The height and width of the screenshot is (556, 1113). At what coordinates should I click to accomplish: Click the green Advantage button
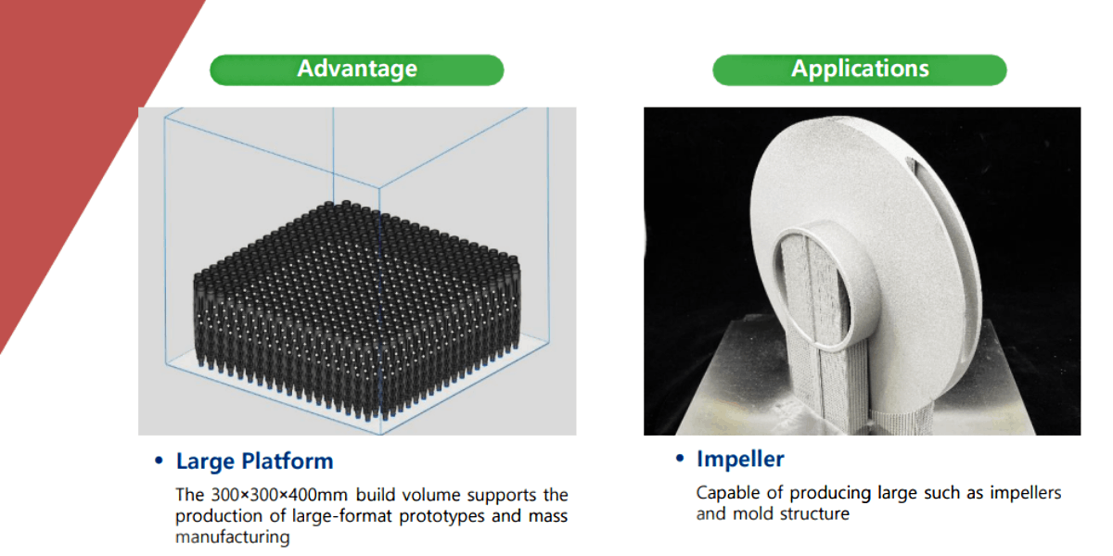[357, 70]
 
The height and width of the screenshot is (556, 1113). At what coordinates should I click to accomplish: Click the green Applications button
[860, 70]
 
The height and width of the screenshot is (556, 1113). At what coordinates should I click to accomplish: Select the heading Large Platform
[254, 461]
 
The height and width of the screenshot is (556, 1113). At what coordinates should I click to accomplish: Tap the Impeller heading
[740, 459]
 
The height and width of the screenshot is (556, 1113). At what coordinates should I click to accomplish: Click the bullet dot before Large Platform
[159, 461]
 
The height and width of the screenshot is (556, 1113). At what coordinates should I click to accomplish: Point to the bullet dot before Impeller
[680, 458]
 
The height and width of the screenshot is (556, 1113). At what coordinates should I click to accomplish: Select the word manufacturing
[233, 537]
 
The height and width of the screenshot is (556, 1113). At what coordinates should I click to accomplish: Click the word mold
[753, 513]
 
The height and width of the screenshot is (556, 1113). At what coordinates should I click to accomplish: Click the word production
[219, 516]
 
